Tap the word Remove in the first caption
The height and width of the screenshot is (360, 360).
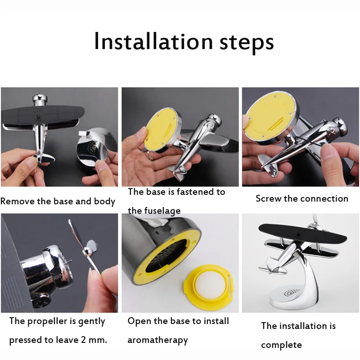(x=18, y=201)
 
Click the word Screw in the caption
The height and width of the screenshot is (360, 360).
(x=268, y=198)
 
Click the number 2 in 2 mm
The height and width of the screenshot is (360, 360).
(x=83, y=340)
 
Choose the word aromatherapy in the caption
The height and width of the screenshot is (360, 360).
(x=157, y=340)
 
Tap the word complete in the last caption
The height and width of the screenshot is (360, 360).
(x=281, y=345)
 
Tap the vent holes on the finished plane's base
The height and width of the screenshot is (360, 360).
(x=292, y=293)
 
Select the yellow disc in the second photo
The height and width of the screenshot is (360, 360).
(x=161, y=129)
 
